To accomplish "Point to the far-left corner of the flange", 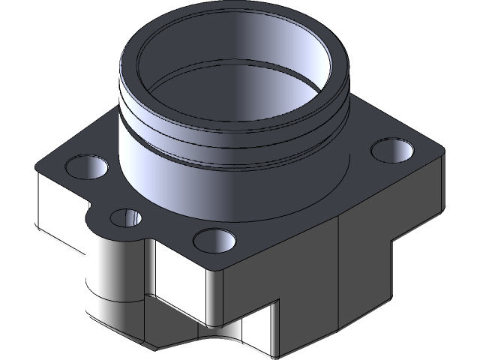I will (37, 168).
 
